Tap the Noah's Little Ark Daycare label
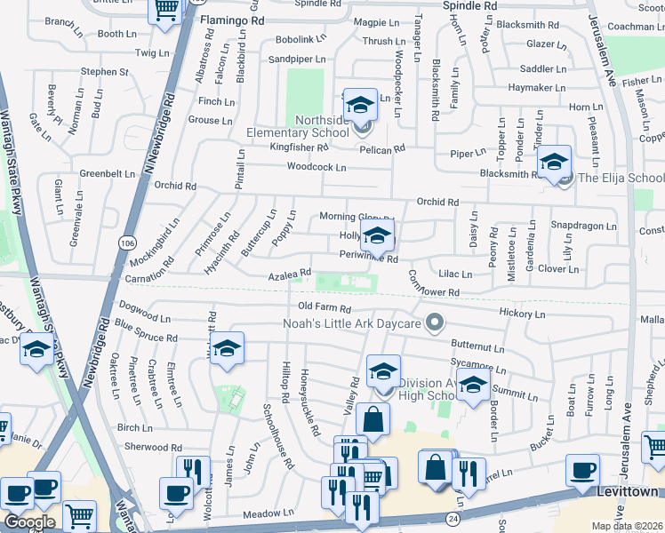[x=351, y=323]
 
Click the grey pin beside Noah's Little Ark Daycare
[x=435, y=322]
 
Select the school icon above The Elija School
[x=554, y=162]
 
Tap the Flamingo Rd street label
[x=233, y=18]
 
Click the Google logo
[x=29, y=522]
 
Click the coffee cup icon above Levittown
[x=583, y=470]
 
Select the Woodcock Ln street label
[x=316, y=167]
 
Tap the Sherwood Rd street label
[x=153, y=447]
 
